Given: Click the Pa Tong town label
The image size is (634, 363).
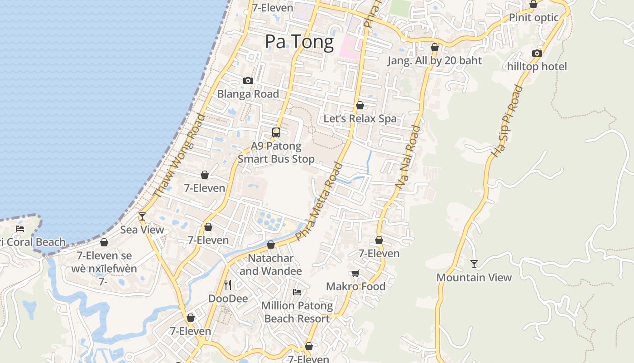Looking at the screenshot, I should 299,42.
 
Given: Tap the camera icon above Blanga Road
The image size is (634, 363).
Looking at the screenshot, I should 248,80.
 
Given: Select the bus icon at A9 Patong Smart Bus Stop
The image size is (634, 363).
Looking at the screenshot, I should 276,132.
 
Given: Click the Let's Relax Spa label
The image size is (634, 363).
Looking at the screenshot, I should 360,118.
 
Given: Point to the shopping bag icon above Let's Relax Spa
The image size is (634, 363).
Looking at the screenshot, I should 360,105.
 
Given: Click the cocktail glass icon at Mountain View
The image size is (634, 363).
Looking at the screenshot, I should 474,264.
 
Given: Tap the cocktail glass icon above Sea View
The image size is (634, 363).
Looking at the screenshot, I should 142,216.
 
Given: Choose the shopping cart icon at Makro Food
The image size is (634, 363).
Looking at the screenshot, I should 355,273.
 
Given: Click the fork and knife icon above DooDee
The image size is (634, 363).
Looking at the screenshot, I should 228,285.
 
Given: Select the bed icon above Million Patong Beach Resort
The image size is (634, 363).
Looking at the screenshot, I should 297,292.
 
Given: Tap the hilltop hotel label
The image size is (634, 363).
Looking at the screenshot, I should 537,67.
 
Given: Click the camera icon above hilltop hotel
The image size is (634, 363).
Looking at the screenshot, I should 537,53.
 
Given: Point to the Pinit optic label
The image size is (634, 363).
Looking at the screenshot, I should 534,17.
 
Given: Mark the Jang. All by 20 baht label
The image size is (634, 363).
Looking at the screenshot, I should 435,60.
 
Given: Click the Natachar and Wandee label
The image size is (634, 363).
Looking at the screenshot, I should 271,265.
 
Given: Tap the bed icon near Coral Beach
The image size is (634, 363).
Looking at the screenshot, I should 20,228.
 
